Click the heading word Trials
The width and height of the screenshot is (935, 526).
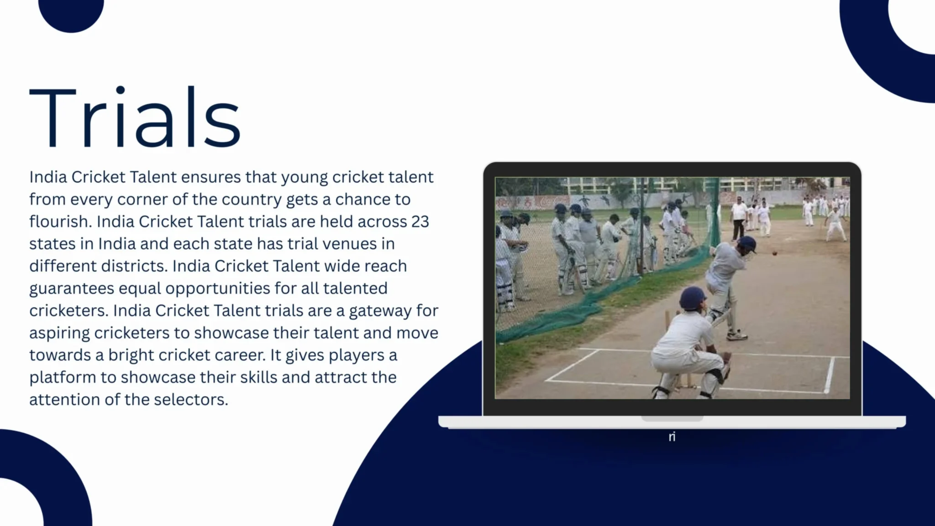click(x=135, y=117)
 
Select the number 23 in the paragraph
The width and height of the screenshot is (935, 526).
click(x=420, y=221)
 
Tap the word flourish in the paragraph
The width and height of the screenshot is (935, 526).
click(x=58, y=221)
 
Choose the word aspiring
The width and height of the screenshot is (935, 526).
click(x=59, y=333)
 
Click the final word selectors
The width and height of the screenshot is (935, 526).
click(x=191, y=400)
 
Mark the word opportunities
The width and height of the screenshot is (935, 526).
click(x=218, y=289)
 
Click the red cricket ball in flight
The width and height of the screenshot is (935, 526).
click(x=774, y=252)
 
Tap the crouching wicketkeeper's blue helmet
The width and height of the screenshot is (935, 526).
click(x=693, y=298)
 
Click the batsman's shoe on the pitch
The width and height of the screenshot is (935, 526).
click(x=736, y=336)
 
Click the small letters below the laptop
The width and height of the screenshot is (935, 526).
click(x=672, y=437)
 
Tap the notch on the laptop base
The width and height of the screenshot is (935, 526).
click(x=672, y=419)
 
